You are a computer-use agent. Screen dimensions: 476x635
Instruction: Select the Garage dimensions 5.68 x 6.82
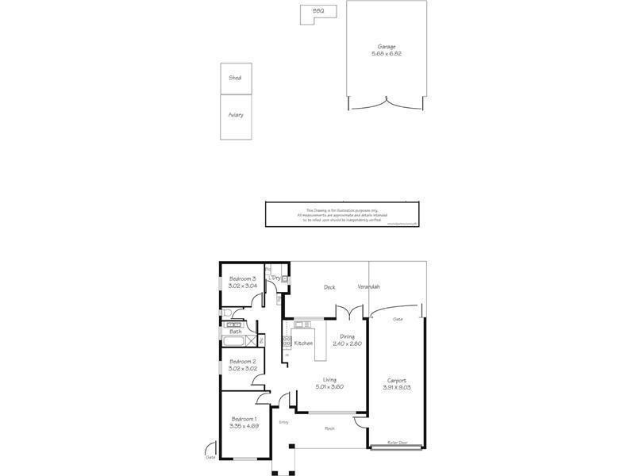[x=387, y=54]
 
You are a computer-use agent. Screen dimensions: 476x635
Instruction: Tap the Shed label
[x=235, y=78]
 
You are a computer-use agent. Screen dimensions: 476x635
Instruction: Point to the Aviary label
[x=236, y=115]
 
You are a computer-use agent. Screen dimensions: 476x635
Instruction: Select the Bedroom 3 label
[x=243, y=278]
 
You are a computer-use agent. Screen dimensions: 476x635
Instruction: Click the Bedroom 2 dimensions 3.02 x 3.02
[x=243, y=368]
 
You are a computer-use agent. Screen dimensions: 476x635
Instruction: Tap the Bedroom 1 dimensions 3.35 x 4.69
[x=244, y=426]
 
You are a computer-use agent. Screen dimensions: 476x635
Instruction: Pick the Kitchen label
[x=303, y=343]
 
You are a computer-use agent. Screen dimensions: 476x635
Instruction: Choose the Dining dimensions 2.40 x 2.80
[x=347, y=344]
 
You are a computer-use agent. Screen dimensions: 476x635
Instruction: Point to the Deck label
[x=329, y=287]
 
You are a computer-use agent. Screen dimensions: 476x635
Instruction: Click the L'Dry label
[x=275, y=278]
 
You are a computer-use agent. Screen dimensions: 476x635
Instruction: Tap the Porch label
[x=329, y=428]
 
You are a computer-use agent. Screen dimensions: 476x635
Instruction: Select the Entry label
[x=283, y=422]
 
